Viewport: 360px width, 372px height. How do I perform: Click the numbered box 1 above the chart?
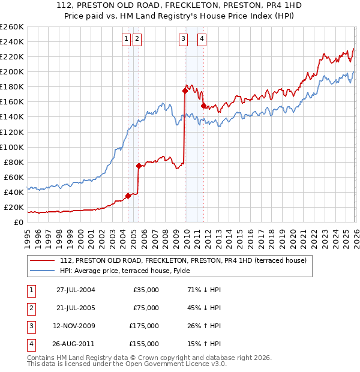click(127, 39)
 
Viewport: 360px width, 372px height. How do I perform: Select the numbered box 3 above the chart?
click(183, 39)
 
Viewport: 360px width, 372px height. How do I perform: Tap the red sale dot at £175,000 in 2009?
click(185, 91)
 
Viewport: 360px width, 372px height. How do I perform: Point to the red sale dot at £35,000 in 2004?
click(128, 196)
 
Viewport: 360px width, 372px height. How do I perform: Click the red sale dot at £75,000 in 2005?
click(139, 166)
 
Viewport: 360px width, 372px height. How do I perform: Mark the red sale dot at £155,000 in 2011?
click(203, 106)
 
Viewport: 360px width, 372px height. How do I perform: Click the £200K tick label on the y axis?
click(12, 71)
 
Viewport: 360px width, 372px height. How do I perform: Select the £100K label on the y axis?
click(12, 147)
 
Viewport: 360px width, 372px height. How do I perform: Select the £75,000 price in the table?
click(146, 308)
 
